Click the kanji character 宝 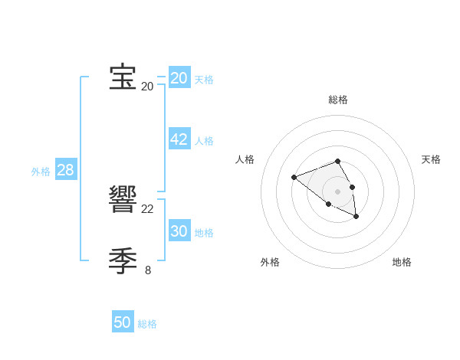(x=123, y=77)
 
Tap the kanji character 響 (x=123, y=200)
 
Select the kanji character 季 (x=123, y=261)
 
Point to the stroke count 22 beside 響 (x=148, y=209)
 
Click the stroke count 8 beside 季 (x=148, y=270)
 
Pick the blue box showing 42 (x=179, y=139)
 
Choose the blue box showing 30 (x=179, y=231)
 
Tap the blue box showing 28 (x=65, y=170)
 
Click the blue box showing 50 (x=123, y=322)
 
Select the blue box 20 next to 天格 (x=179, y=78)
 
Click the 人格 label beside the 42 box (x=204, y=141)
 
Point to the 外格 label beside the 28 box (x=41, y=172)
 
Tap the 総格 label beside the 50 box (x=147, y=324)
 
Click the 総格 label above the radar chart (x=338, y=100)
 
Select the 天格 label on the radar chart (x=431, y=159)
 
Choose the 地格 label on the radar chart (x=402, y=262)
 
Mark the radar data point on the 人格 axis (x=294, y=178)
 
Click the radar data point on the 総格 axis (x=338, y=161)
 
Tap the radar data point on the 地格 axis (x=356, y=217)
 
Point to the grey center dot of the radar (x=338, y=191)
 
